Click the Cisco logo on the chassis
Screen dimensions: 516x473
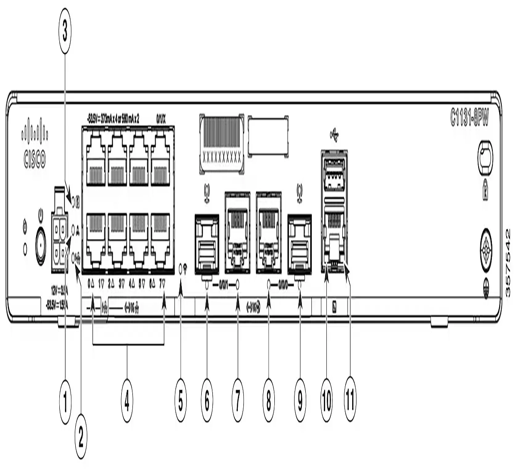(x=34, y=149)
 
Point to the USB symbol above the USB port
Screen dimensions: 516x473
(x=335, y=135)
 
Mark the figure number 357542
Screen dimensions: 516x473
(x=508, y=262)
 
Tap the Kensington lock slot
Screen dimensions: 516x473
(x=485, y=153)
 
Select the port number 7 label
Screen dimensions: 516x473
(x=163, y=284)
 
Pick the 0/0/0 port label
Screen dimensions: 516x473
(x=284, y=284)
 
